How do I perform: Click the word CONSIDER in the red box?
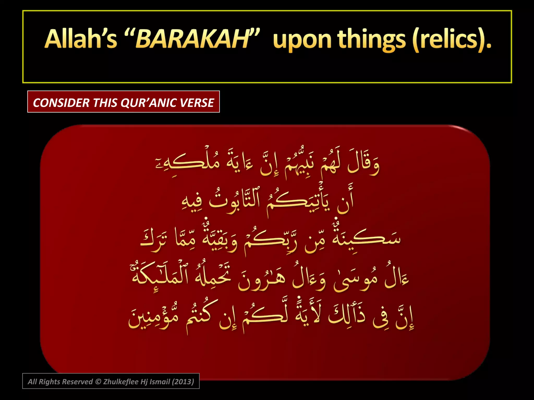[x=61, y=103]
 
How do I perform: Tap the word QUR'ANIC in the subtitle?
[x=148, y=103]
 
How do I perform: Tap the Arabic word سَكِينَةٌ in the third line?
[x=365, y=238]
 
